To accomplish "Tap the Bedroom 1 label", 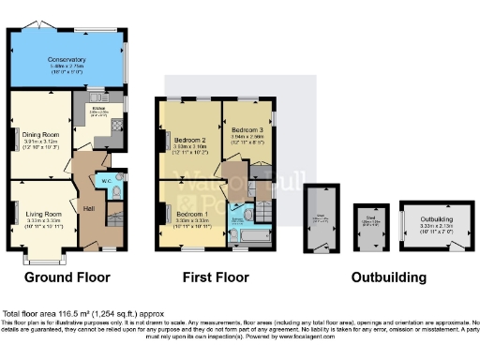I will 192,215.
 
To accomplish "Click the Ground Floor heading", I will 67,277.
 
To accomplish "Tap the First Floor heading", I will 216,277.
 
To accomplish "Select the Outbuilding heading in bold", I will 388,277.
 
